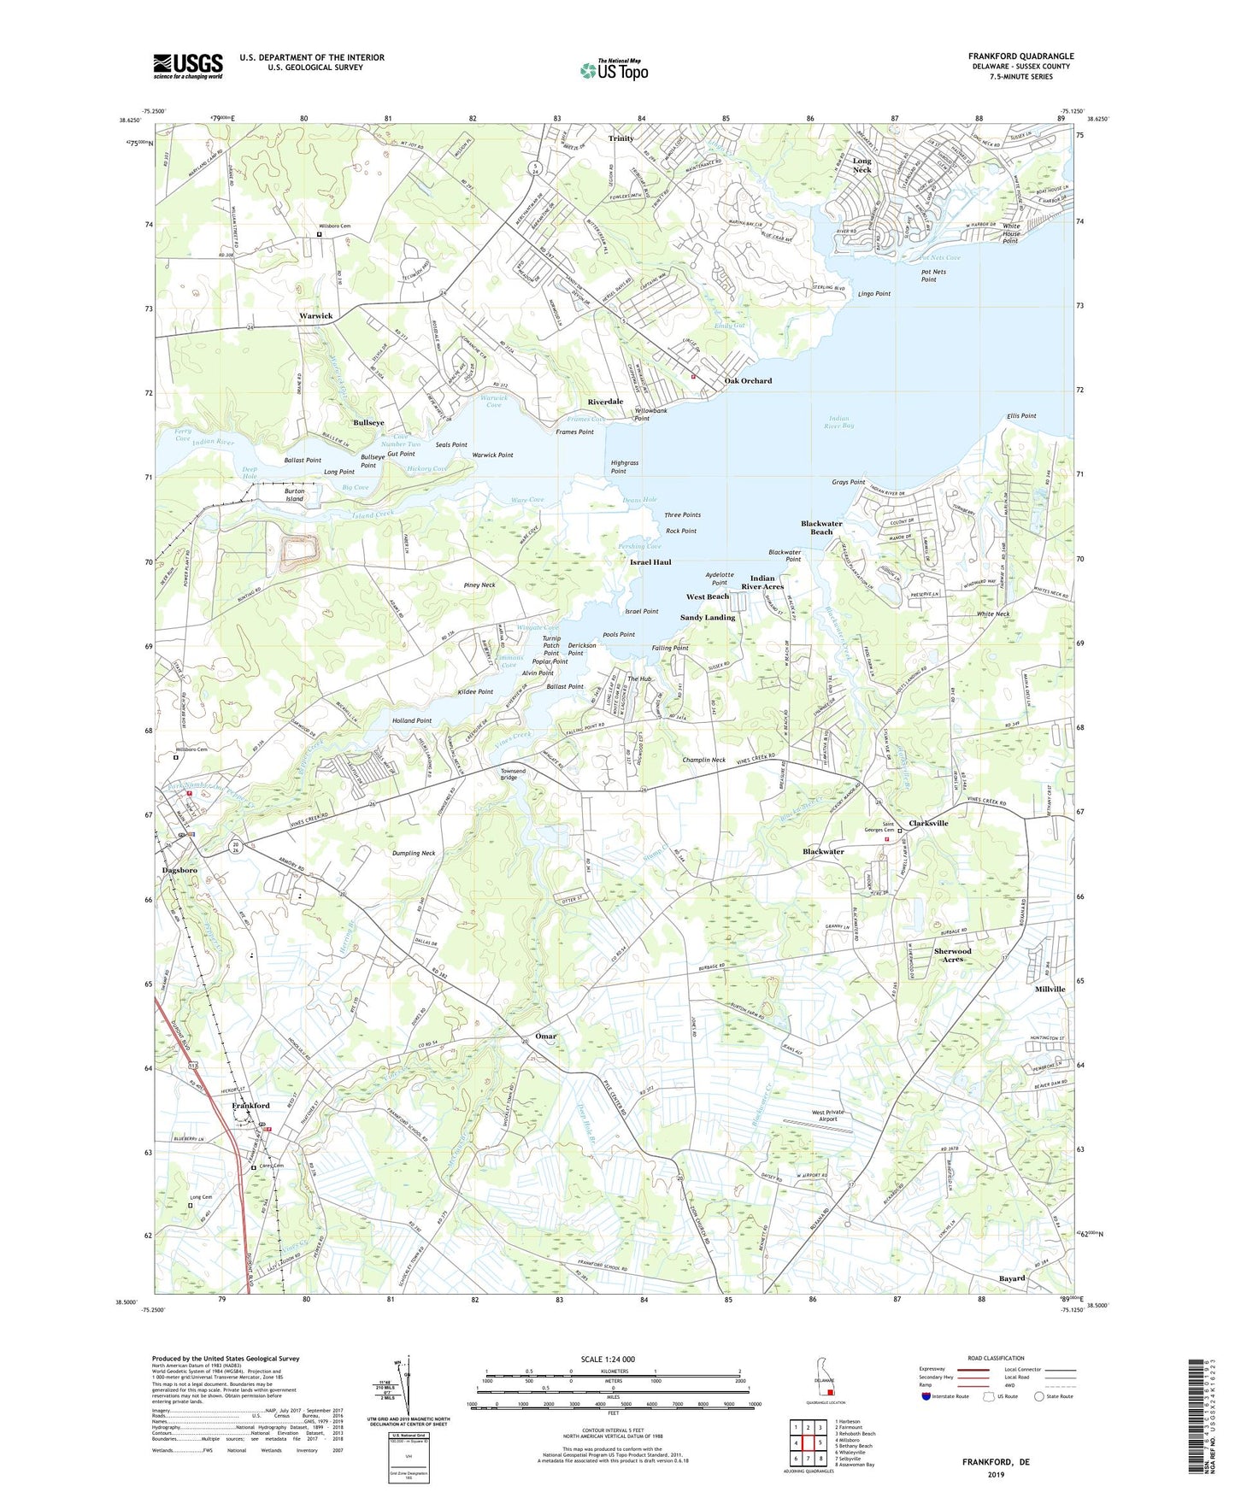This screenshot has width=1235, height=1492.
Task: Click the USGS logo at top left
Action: click(x=188, y=66)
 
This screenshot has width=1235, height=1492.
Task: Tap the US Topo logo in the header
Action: click(x=614, y=70)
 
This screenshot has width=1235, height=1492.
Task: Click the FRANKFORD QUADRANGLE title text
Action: click(x=1020, y=56)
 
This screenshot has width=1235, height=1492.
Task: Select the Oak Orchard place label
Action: click(x=748, y=381)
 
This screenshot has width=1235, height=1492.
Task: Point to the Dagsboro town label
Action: click(x=179, y=870)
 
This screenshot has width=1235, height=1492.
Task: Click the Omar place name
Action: click(x=545, y=1036)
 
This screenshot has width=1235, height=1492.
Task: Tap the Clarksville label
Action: click(x=928, y=823)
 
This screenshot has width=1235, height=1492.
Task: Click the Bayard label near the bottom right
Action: click(x=1012, y=1278)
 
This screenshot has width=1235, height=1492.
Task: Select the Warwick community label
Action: click(x=315, y=316)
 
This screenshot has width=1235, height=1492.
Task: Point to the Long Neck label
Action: click(x=862, y=165)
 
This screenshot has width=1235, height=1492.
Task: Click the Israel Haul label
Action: click(x=650, y=562)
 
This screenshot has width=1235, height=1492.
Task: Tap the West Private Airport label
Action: click(x=827, y=1116)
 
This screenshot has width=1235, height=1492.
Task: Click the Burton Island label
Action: click(x=294, y=496)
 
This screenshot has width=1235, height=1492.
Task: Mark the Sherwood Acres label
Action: click(x=952, y=955)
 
